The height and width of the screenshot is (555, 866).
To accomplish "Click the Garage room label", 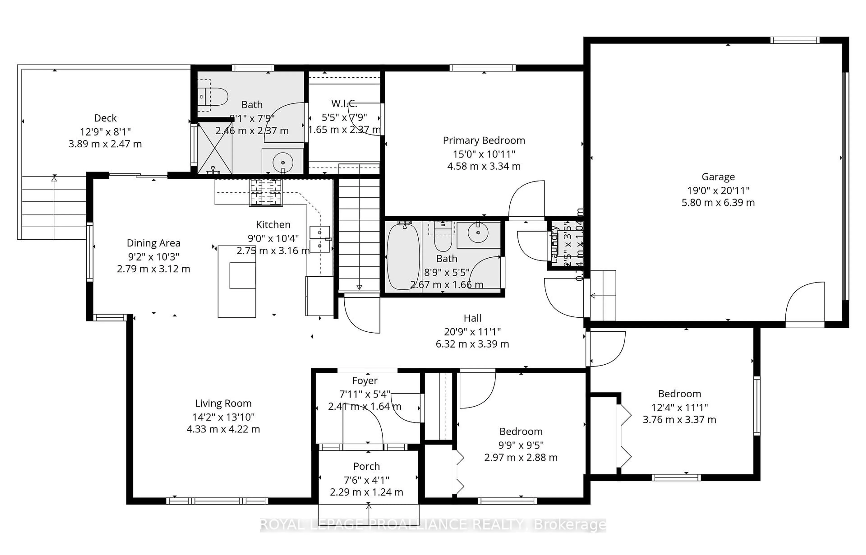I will point(718,177).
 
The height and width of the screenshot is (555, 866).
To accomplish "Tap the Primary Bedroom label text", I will point(484,141).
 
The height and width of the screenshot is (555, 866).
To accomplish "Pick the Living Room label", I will point(223,403).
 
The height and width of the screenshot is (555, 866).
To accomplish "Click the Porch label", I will point(366,466).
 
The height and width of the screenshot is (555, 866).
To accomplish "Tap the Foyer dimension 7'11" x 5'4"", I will point(365,394).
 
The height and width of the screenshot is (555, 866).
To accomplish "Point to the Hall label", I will point(472,318).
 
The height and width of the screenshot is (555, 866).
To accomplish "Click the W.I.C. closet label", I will point(344,104).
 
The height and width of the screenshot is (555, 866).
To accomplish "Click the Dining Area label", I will point(153,243).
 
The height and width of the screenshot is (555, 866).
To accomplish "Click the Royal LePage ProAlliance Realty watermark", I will point(433,525).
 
